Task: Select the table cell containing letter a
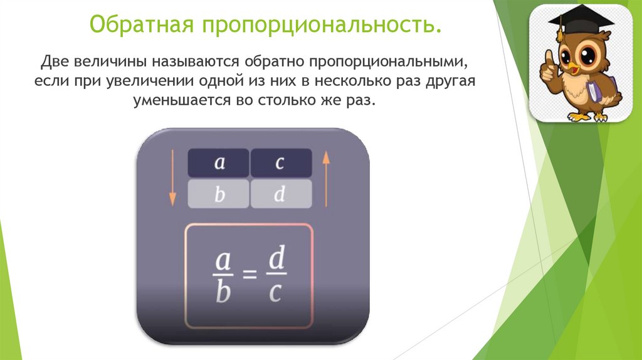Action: click(219, 163)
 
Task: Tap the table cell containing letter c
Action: click(280, 163)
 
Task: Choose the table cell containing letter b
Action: click(219, 195)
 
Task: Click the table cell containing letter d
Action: click(280, 195)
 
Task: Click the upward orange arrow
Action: click(325, 179)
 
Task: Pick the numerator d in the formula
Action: click(276, 258)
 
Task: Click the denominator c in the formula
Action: click(275, 292)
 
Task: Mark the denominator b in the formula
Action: click(222, 292)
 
